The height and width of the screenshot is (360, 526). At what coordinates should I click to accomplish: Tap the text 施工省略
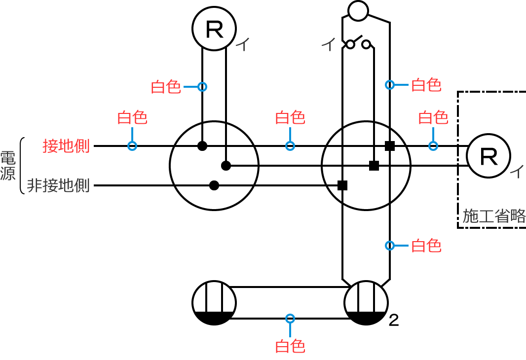click(x=494, y=216)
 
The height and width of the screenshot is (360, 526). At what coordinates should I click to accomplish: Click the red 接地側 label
click(x=66, y=146)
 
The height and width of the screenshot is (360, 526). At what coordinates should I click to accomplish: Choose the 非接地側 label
click(x=58, y=186)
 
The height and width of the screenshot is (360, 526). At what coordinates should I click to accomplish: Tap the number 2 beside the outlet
click(x=393, y=321)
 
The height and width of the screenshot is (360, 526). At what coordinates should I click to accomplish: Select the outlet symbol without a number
click(x=214, y=302)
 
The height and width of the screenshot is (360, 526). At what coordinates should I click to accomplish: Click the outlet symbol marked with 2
click(x=366, y=302)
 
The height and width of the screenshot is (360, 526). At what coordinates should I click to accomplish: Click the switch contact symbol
click(x=358, y=43)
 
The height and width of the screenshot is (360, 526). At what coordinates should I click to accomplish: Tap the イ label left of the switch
click(x=328, y=45)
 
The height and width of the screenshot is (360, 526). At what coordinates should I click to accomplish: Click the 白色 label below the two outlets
click(x=290, y=346)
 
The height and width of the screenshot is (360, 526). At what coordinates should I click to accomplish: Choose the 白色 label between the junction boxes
click(x=290, y=118)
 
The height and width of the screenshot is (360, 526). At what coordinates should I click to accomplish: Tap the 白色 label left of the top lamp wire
click(x=166, y=87)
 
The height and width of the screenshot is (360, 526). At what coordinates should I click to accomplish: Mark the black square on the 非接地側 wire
click(x=342, y=185)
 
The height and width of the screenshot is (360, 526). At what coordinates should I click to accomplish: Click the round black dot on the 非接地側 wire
click(x=214, y=185)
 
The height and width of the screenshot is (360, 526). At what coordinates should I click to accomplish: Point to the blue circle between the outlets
click(x=290, y=318)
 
